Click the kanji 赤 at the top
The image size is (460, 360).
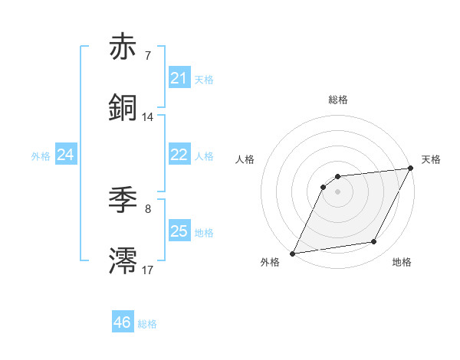click(x=123, y=47)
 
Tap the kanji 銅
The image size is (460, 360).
click(x=123, y=108)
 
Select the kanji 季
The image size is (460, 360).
click(x=123, y=201)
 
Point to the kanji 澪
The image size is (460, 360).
click(x=123, y=261)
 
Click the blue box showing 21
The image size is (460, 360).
click(x=179, y=77)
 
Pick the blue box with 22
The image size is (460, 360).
click(x=179, y=154)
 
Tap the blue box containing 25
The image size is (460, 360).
click(x=179, y=231)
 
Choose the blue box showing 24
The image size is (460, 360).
click(x=66, y=155)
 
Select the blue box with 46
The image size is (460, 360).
click(x=123, y=322)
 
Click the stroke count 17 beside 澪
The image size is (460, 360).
click(x=147, y=270)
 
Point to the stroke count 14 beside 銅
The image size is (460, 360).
click(x=147, y=116)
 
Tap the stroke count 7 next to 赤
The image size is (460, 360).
click(x=147, y=55)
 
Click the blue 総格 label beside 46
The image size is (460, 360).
click(x=147, y=324)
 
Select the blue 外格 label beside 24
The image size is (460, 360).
click(x=41, y=155)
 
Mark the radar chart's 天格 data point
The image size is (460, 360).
click(x=412, y=168)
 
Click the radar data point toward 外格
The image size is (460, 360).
click(x=292, y=254)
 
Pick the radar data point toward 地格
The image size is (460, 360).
click(x=374, y=242)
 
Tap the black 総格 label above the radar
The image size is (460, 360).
click(x=337, y=100)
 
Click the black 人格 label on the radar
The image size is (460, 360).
click(x=245, y=159)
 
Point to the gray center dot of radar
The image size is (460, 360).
click(x=337, y=191)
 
